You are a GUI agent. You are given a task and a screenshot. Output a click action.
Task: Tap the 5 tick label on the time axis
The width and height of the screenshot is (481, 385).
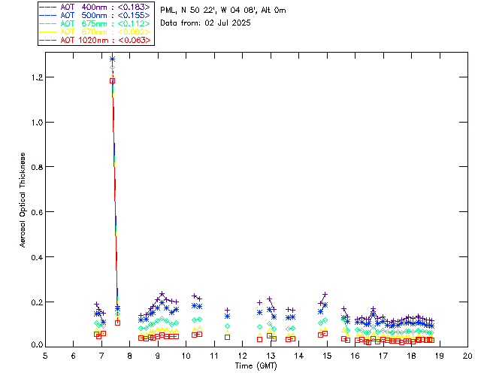(45, 356)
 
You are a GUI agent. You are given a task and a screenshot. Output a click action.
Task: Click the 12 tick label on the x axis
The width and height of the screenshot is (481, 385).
(242, 356)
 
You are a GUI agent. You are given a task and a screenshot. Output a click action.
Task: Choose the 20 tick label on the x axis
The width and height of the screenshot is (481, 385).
(467, 356)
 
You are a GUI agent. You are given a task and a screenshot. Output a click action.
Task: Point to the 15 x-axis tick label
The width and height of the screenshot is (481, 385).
(327, 356)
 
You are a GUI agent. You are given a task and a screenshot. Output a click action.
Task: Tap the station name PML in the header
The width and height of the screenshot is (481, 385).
(168, 10)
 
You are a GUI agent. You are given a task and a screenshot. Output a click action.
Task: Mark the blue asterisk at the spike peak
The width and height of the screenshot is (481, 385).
(112, 59)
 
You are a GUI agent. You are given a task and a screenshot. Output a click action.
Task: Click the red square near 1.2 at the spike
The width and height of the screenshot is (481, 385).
(112, 80)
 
